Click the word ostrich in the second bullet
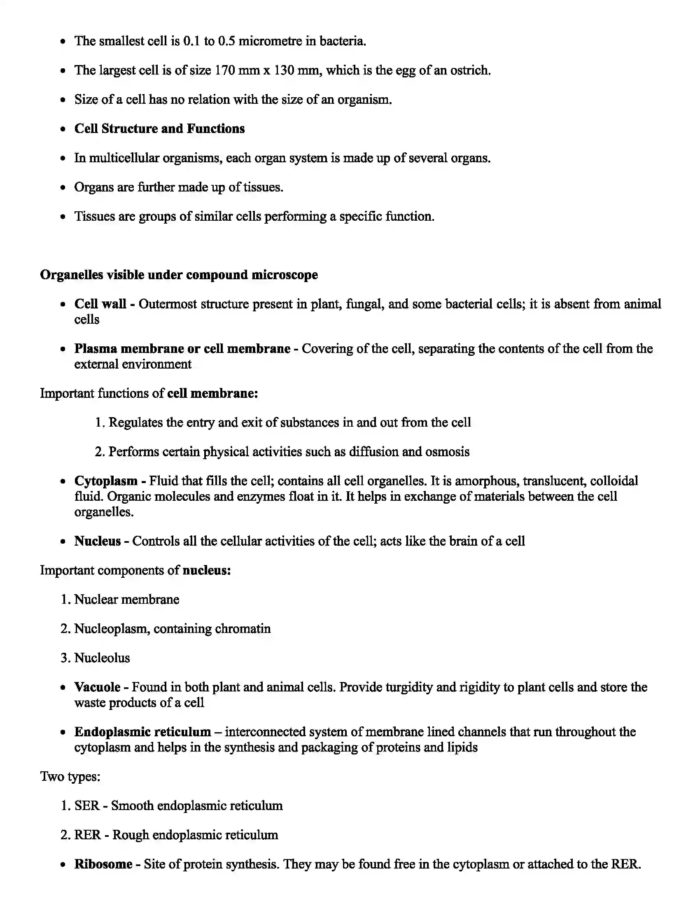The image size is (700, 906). [470, 70]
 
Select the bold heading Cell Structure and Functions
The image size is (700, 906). [159, 128]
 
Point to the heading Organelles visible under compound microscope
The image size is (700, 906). [179, 275]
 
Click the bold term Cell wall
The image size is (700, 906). [100, 304]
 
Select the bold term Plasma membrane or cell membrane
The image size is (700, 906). [182, 348]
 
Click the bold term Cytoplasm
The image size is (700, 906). [106, 481]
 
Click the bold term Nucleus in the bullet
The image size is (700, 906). [98, 541]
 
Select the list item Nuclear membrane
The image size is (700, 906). [126, 600]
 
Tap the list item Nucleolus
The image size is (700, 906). [102, 658]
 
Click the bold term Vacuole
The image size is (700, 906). [98, 687]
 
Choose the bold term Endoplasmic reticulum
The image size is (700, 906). [142, 732]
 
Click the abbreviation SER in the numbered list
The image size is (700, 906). [86, 806]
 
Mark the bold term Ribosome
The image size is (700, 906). [103, 864]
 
